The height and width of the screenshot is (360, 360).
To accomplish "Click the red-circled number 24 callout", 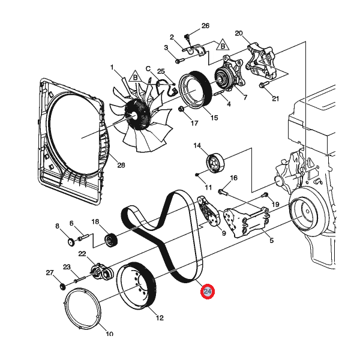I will click(208, 292).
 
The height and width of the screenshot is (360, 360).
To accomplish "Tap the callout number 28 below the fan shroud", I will click(121, 166).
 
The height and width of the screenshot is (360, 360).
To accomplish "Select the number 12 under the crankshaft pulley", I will click(160, 318).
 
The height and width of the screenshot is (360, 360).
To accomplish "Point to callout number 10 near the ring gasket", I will click(109, 334).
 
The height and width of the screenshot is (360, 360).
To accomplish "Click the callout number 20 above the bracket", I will click(238, 33).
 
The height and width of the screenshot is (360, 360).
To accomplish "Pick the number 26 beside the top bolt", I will click(205, 26).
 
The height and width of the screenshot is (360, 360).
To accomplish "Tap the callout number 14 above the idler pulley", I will click(197, 146).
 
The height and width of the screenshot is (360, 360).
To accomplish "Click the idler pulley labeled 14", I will click(214, 163).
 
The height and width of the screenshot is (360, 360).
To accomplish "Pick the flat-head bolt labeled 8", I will click(69, 242).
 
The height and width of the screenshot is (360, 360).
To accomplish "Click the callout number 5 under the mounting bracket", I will click(271, 241).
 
